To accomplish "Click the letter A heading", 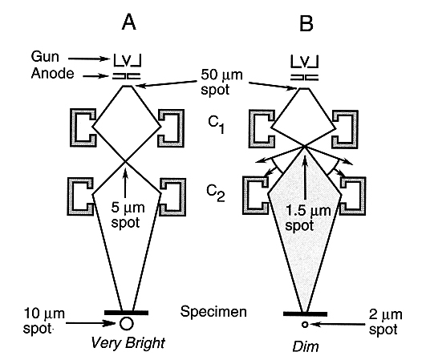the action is tap(128, 22).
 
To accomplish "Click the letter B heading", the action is tap(306, 23).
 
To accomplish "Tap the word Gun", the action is tap(45, 57).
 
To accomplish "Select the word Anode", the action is tap(52, 73).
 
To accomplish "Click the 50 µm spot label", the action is tap(221, 82).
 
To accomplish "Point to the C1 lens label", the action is tap(217, 124).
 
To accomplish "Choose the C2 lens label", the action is tap(216, 193).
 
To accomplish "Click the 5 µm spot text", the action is tap(128, 215).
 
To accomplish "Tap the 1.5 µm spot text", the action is tap(308, 218).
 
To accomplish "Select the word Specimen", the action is tap(213, 311).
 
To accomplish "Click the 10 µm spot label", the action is tap(44, 321).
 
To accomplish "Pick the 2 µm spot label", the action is tap(386, 322).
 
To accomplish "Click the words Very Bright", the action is tap(128, 343).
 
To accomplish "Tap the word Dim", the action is tap(306, 346).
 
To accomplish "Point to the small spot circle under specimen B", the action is tap(305, 325).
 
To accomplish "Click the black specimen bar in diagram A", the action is tap(126, 313).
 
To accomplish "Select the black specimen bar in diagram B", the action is tap(305, 314).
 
